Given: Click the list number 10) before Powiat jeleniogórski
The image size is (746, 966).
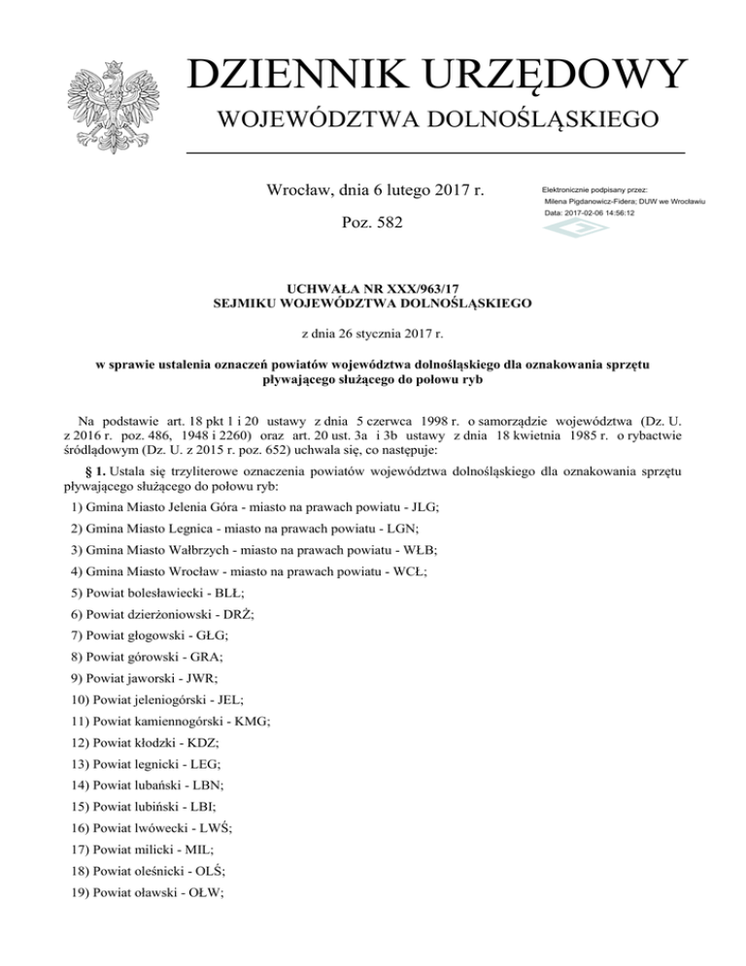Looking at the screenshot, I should click(83, 700).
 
